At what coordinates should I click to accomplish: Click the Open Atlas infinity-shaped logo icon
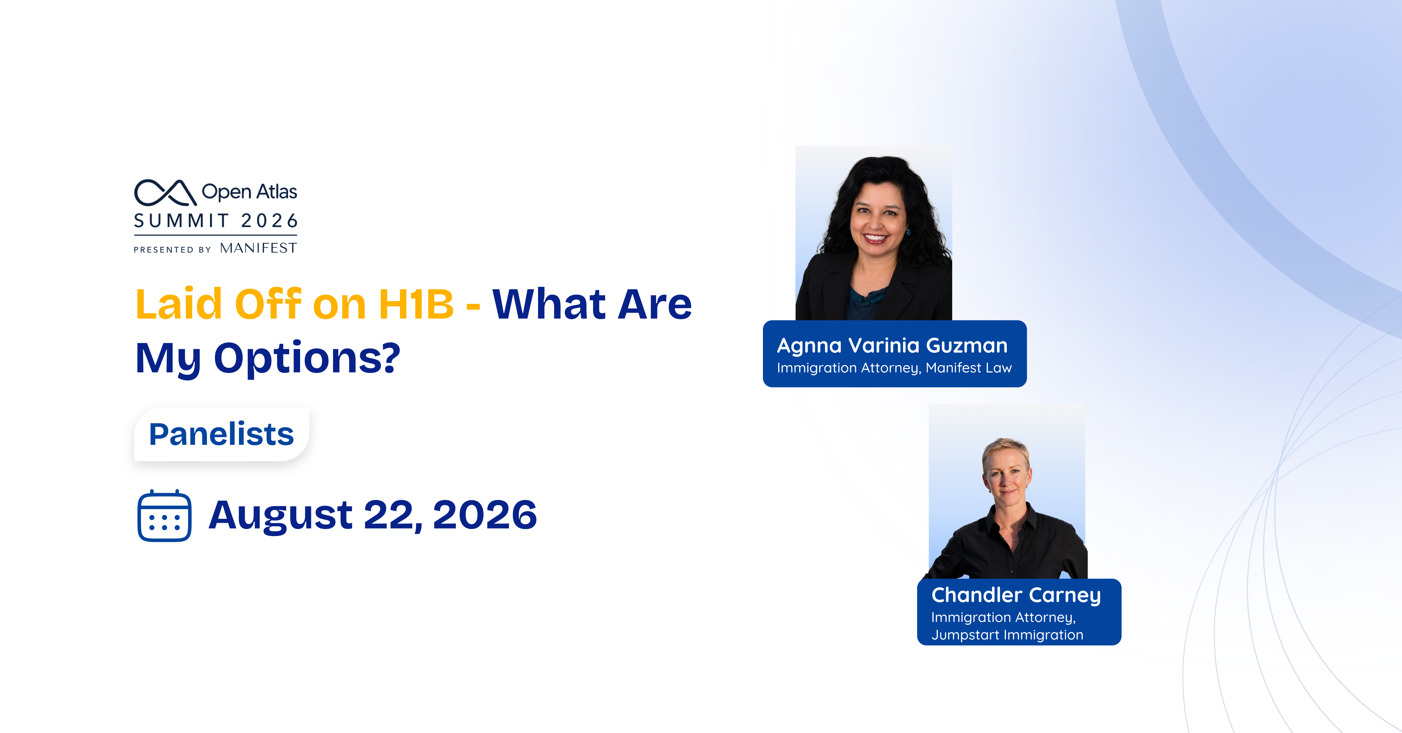[165, 192]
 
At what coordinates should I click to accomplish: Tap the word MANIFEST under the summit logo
[258, 248]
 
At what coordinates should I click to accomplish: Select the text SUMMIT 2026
[216, 221]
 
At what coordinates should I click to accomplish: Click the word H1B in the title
[416, 304]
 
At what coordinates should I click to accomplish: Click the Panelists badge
[221, 434]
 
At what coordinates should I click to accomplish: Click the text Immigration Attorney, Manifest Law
[894, 368]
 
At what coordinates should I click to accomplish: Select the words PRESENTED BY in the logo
[172, 249]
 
